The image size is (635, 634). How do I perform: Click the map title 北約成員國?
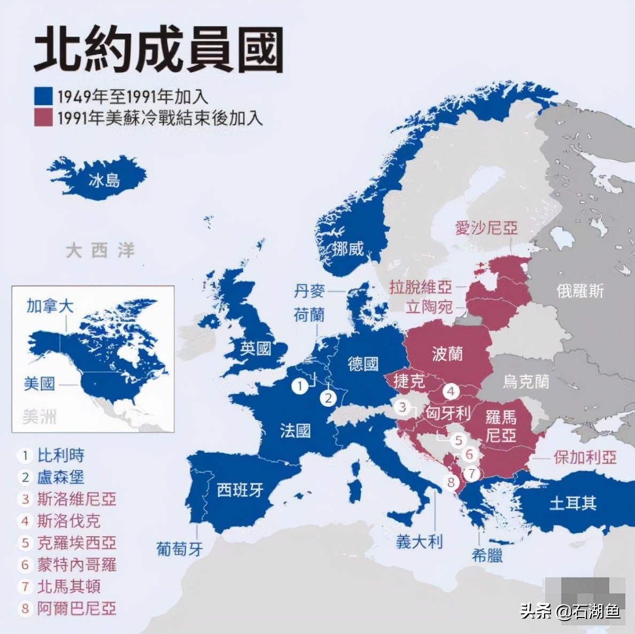click(158, 51)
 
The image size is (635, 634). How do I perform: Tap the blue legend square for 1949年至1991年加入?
click(43, 96)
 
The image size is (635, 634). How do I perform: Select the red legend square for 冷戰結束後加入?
click(43, 118)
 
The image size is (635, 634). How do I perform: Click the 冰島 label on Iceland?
click(104, 180)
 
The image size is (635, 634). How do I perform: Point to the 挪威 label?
click(347, 249)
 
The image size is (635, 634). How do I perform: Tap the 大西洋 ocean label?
click(100, 250)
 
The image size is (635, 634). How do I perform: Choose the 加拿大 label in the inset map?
click(50, 306)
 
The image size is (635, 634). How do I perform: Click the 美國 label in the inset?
click(39, 383)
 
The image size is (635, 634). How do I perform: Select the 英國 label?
click(255, 349)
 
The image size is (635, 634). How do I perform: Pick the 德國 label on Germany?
click(363, 364)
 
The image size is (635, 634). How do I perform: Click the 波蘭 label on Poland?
click(447, 353)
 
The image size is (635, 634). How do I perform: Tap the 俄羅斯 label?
click(580, 291)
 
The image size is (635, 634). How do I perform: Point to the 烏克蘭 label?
click(526, 381)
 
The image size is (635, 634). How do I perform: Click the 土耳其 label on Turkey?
click(573, 503)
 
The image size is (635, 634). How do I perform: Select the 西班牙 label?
click(240, 490)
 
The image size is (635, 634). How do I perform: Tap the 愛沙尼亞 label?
click(486, 228)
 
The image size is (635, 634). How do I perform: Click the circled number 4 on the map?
click(451, 391)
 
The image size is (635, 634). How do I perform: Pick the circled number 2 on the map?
click(328, 398)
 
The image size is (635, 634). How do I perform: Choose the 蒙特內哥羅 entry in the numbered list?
click(76, 565)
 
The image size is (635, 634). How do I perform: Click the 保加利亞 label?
click(585, 458)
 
